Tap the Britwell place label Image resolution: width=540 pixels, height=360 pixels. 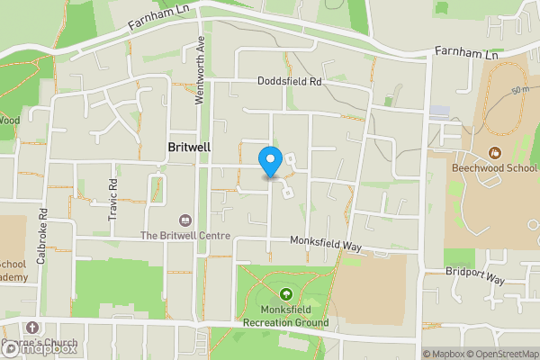(x=190, y=145)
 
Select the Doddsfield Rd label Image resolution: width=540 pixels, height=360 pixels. (x=289, y=81)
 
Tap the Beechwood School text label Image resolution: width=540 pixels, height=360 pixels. (x=494, y=168)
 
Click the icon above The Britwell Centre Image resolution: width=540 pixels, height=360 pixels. (x=185, y=220)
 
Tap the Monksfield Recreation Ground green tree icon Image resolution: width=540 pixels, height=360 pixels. (x=286, y=293)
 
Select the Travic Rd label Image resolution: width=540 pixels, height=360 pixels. (x=113, y=195)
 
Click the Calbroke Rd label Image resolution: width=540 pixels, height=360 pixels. (x=41, y=237)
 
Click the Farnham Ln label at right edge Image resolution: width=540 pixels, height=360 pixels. (x=465, y=55)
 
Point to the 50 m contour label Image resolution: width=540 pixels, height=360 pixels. (x=519, y=91)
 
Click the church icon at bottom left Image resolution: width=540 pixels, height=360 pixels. (x=33, y=328)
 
